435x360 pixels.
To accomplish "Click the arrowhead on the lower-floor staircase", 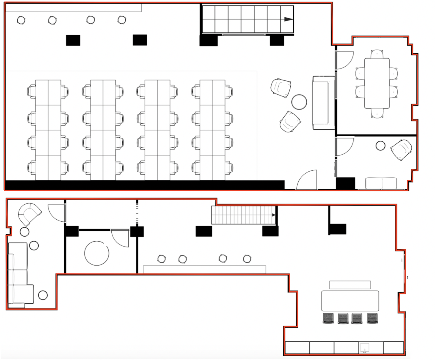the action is (274, 215).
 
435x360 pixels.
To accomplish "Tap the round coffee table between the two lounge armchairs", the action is (299, 102).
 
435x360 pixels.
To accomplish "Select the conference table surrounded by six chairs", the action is (377, 83).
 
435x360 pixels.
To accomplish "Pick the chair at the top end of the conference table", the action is (377, 54).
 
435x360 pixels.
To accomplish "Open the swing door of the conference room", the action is (344, 61).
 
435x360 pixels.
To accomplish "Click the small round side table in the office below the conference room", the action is (380, 146).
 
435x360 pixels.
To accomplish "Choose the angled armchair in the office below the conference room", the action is (401, 150).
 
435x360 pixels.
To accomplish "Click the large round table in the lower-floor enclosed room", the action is (97, 253).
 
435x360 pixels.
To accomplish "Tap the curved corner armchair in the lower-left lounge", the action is (29, 214).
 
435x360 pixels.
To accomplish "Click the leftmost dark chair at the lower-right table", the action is (328, 318).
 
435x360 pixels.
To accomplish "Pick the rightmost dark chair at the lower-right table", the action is (373, 318).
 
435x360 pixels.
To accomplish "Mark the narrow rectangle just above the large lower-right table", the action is (350, 285).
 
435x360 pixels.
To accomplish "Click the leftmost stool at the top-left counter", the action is (21, 20).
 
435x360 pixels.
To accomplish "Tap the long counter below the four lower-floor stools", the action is (204, 270).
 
